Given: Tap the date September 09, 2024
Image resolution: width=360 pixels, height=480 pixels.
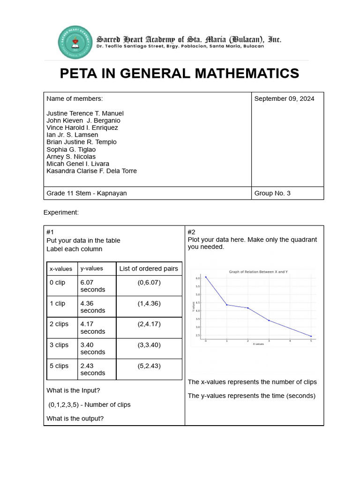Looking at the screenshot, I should pyautogui.click(x=284, y=98).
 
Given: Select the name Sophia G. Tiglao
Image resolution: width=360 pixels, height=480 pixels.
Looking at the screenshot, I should pyautogui.click(x=71, y=150).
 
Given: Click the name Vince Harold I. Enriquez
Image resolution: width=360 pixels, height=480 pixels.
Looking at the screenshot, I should pyautogui.click(x=82, y=127).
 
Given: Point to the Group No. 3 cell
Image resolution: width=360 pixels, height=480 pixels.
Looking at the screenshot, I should pyautogui.click(x=272, y=193).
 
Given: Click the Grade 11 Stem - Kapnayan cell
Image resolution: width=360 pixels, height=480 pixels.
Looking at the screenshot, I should pyautogui.click(x=86, y=193).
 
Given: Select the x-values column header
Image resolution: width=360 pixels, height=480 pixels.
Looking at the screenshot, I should pyautogui.click(x=61, y=269).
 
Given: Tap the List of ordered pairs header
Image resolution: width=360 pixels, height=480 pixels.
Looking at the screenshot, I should pyautogui.click(x=149, y=269).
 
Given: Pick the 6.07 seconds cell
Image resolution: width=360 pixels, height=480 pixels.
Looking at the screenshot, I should pyautogui.click(x=93, y=286).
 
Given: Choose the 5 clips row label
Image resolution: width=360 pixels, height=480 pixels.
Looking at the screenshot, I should pyautogui.click(x=59, y=366).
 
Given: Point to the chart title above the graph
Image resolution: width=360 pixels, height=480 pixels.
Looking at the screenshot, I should pyautogui.click(x=258, y=272).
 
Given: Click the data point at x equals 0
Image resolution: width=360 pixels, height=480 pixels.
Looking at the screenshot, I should pyautogui.click(x=206, y=277).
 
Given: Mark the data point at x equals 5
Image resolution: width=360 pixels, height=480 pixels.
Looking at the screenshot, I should pyautogui.click(x=311, y=336).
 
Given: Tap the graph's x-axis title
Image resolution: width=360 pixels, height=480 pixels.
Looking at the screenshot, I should pyautogui.click(x=258, y=344).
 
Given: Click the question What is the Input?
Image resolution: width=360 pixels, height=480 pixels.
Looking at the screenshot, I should pyautogui.click(x=73, y=390).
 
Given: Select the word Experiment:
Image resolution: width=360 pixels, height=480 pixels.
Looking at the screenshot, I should pyautogui.click(x=61, y=212).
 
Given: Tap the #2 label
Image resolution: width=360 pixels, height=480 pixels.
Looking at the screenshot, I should pyautogui.click(x=191, y=232).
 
